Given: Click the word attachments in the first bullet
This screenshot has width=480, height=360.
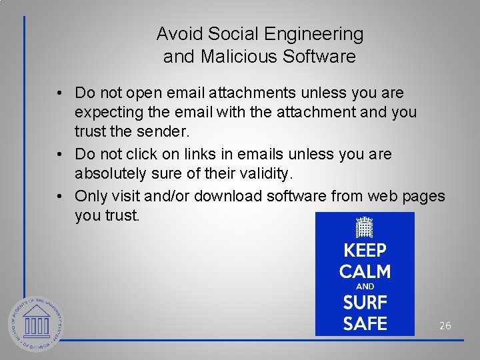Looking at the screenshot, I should [254, 92].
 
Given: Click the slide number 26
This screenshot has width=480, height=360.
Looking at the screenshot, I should [445, 326].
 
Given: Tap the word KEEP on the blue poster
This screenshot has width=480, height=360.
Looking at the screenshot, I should [365, 251].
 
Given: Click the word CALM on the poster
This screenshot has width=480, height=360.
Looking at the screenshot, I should [365, 271].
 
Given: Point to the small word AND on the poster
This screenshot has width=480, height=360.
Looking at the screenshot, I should [365, 287].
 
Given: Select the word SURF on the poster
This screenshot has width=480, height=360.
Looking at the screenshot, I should [365, 303].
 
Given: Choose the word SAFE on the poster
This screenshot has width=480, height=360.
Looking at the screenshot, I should [365, 324].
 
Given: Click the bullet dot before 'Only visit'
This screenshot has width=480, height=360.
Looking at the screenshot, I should [60, 195].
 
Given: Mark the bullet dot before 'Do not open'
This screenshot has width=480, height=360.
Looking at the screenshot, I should [60, 92].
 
